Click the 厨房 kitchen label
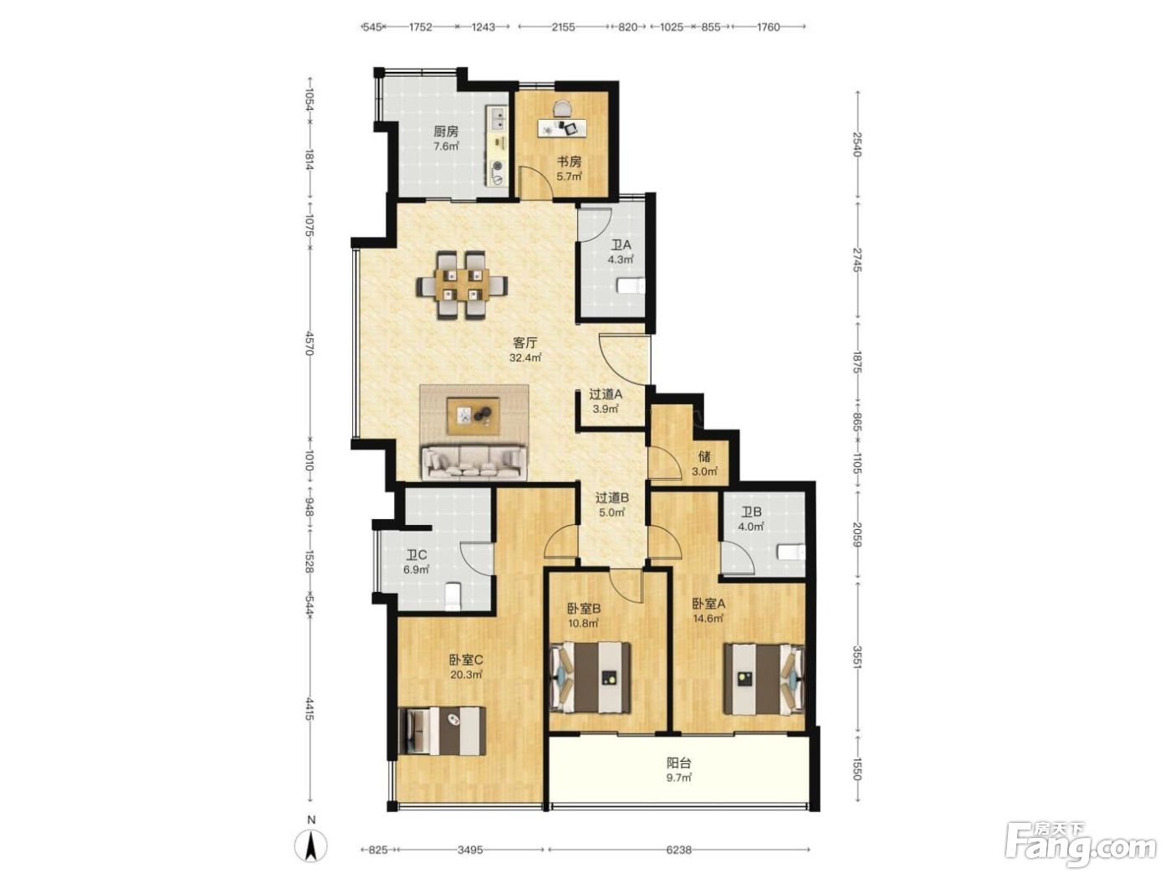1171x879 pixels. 446,131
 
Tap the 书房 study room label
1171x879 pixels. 569,162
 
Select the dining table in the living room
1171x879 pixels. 462,285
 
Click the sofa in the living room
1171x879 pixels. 473,463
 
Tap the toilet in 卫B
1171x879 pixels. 791,553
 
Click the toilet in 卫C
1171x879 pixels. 453,597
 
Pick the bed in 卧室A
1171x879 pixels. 764,679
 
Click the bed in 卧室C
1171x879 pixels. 442,731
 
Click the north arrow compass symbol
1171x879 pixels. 311,846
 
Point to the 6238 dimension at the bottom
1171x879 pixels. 678,849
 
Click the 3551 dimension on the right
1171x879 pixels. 857,657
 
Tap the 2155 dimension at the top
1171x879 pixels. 563,28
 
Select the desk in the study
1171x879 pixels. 562,127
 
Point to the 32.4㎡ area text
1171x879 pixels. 525,358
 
